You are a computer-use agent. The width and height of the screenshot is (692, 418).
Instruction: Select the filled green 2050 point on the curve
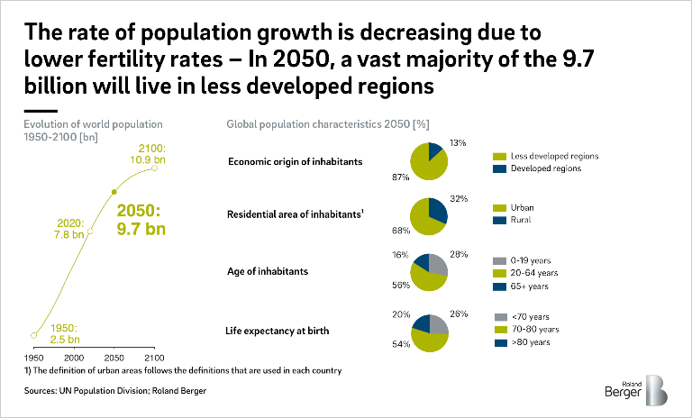click(114, 192)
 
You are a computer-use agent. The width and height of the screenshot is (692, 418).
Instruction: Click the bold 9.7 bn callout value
click(143, 230)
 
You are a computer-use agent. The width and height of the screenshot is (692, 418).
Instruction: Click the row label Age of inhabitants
click(268, 271)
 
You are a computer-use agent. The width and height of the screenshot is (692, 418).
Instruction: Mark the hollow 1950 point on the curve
click(34, 335)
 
